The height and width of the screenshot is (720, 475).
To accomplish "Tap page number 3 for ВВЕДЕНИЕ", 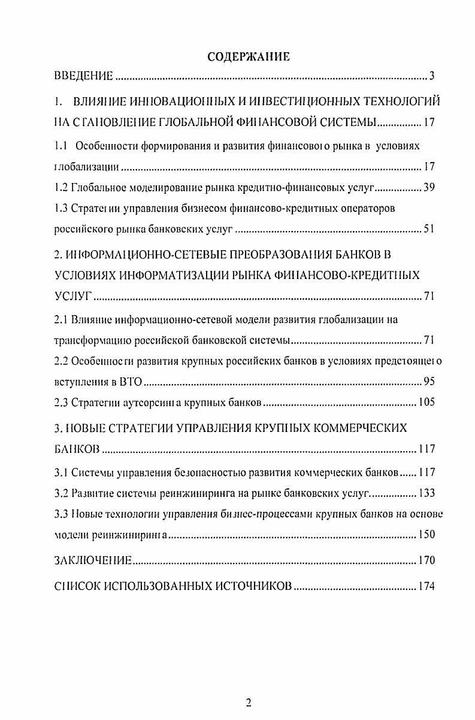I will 431,76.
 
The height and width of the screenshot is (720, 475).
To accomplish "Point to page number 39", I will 429,187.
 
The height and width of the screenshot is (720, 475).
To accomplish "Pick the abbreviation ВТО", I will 129,382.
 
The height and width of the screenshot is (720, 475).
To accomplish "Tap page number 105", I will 426,402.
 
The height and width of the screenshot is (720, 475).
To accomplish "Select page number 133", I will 426,493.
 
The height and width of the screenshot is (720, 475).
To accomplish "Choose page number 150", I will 426,535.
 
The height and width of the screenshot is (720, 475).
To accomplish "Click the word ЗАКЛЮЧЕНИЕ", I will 93,561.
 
